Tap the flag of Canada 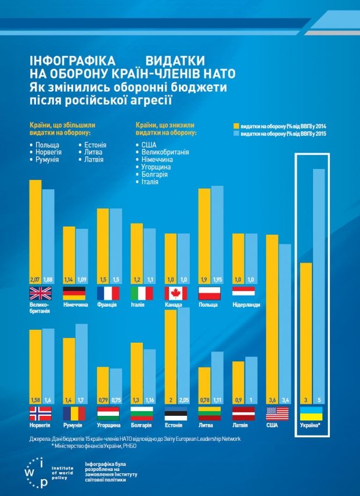click(x=176, y=293)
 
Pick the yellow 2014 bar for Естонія click(x=171, y=354)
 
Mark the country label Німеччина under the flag click(x=74, y=305)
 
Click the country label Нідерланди click(x=246, y=305)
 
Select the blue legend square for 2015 click(x=236, y=133)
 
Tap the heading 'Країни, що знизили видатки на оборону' click(x=165, y=128)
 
